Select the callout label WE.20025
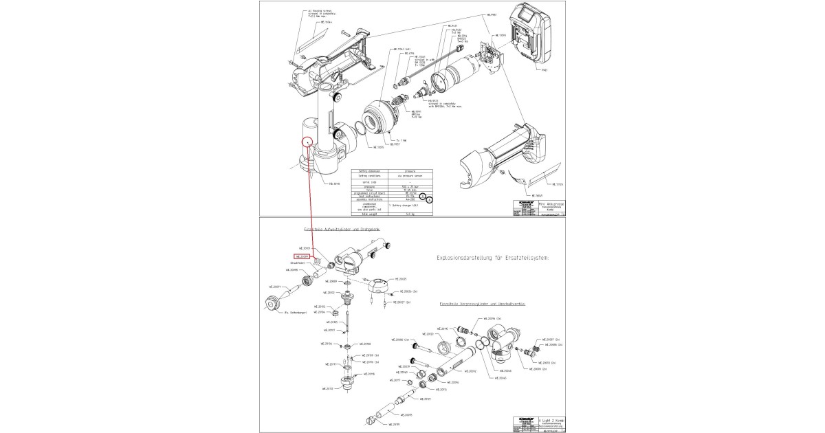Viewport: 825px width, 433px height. pos(402,279)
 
